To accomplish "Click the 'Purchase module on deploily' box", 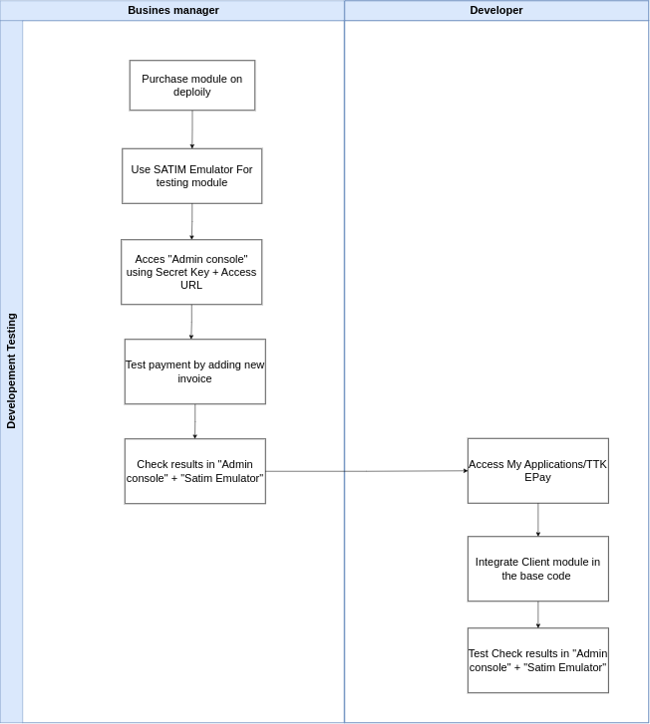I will coord(191,85).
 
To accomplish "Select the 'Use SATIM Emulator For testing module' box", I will coord(191,175).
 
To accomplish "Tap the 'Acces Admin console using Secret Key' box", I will coord(191,272).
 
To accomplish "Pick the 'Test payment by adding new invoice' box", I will coord(194,371).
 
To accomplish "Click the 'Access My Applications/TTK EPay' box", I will coord(537,470).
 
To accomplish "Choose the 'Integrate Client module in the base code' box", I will coord(537,569).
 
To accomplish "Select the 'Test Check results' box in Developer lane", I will coord(537,660).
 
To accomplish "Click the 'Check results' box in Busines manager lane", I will coord(194,471).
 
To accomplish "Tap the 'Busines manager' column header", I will coord(172,10).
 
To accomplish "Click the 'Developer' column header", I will coord(495,10).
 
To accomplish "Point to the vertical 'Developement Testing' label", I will coord(11,370).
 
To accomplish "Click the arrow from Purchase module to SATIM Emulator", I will coord(192,129).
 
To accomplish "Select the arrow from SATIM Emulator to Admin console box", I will coord(191,221).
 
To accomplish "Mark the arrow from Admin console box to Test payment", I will coord(191,322).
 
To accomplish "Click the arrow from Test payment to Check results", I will coord(194,421).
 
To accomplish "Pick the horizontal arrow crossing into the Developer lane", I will coord(366,471).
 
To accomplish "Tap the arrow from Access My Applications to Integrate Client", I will coord(537,520).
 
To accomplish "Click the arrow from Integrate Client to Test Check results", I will coord(537,614).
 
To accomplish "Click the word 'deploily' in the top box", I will coord(191,92).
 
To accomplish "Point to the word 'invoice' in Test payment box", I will coord(194,378).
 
